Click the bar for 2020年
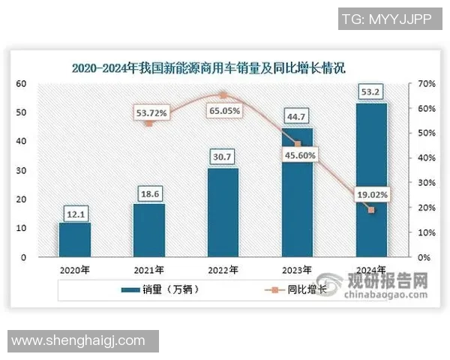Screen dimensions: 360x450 tap(75, 240)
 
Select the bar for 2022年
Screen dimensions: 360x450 tap(223, 213)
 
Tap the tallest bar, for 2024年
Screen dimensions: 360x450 tap(371, 180)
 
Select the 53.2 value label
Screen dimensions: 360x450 tap(371, 93)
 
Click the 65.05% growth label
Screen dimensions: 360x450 tap(223, 110)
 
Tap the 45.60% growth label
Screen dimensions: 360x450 tap(299, 156)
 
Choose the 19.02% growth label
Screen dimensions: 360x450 tap(371, 194)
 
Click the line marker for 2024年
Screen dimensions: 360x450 tap(370, 210)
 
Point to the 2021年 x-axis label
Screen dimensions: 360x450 tap(148, 271)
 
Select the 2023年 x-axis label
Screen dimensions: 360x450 tap(298, 271)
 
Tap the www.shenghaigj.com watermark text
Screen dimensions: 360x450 tap(79, 340)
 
